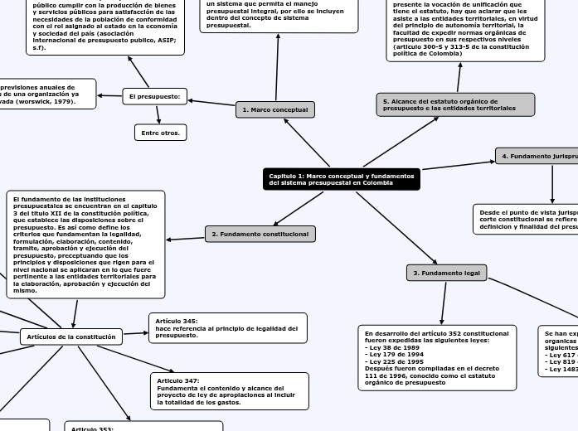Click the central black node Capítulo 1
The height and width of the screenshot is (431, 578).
tap(341, 179)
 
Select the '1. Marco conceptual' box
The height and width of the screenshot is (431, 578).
tap(275, 109)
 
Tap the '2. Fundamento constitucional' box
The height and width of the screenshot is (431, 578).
tap(260, 234)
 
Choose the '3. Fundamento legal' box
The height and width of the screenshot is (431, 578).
tap(446, 273)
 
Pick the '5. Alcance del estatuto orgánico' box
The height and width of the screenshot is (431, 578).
tap(455, 104)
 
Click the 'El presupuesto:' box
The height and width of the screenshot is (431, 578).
tap(154, 97)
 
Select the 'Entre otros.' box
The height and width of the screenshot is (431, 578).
tap(160, 133)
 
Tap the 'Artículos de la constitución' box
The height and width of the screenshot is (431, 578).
tap(71, 337)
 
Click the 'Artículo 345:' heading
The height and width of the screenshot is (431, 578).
tap(177, 321)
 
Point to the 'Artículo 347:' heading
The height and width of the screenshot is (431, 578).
tap(178, 380)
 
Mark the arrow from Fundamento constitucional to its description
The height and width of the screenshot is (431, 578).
tap(186, 238)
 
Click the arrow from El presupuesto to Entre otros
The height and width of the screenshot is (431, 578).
tap(158, 114)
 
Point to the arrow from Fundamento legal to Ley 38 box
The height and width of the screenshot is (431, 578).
tap(444, 303)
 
